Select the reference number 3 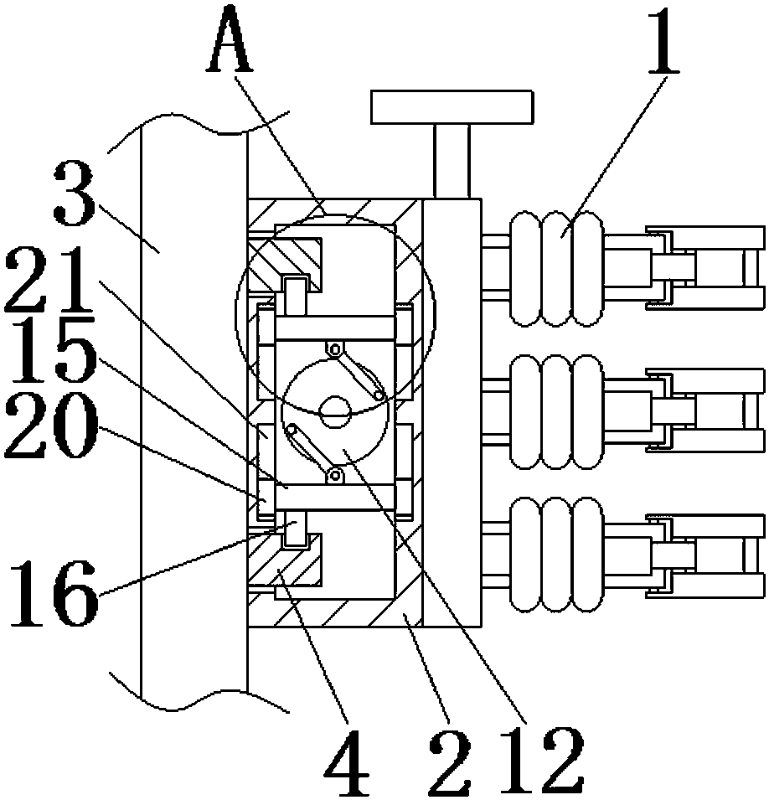click(x=75, y=193)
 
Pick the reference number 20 click(x=51, y=425)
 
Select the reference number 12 click(x=542, y=760)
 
